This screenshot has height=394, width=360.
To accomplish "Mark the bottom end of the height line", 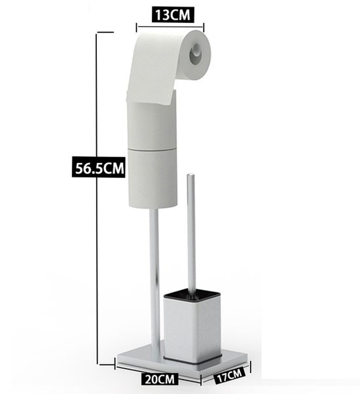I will [98, 365].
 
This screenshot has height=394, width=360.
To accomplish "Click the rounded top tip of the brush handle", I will [191, 175].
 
